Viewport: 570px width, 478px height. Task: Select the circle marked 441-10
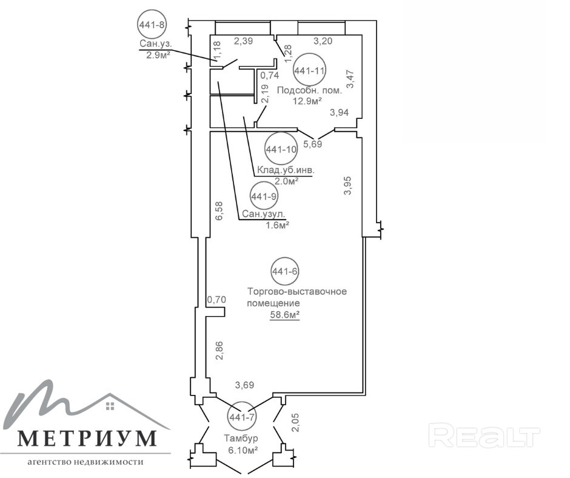tap(281, 149)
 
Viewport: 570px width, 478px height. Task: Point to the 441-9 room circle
tap(264, 196)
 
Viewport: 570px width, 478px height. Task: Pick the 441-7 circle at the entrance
tap(241, 416)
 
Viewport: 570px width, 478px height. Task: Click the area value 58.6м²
tap(286, 315)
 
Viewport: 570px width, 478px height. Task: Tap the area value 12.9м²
tap(307, 101)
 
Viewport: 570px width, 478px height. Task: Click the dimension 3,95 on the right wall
tap(347, 186)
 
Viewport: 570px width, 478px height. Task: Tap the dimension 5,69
tap(312, 144)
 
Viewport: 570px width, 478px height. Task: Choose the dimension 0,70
tap(216, 299)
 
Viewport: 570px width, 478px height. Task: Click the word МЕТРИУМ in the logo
tap(86, 437)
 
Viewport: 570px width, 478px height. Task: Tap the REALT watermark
tap(484, 436)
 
